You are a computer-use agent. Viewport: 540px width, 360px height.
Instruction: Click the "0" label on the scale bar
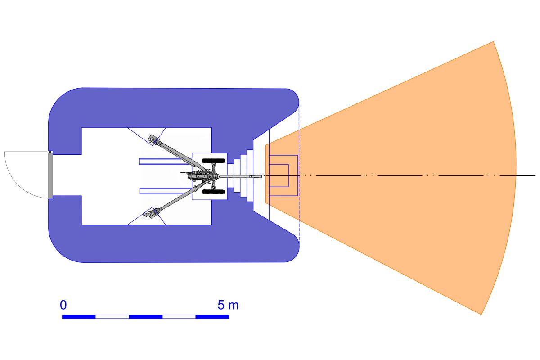click(63, 305)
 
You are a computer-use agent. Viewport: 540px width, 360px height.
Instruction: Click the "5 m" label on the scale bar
click(228, 305)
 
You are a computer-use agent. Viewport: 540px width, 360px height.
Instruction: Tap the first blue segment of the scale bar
click(79, 317)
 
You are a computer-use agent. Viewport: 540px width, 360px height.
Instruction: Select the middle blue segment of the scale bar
click(146, 317)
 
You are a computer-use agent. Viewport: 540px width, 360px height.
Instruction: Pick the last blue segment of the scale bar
click(212, 317)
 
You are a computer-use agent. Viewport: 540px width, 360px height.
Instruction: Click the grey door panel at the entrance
click(50, 175)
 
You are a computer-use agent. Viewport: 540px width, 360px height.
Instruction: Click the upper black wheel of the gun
click(214, 161)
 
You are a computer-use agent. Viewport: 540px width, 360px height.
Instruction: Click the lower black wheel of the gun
click(214, 192)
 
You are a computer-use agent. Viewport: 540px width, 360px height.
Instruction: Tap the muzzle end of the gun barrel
click(261, 176)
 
